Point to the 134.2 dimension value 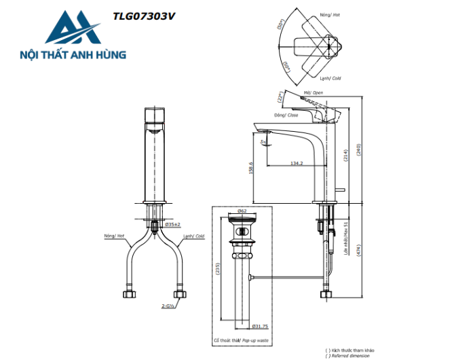(297, 162)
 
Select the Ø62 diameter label (241, 211)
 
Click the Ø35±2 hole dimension (172, 224)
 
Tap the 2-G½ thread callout (168, 307)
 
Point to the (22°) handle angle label (278, 96)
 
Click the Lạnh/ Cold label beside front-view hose (193, 236)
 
